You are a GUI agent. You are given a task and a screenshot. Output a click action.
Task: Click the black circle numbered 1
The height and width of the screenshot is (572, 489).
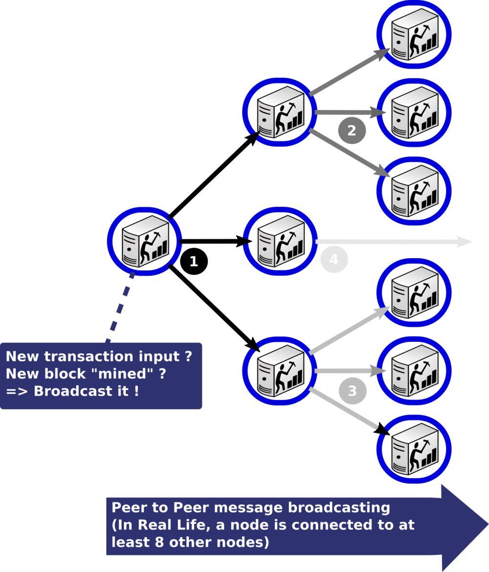pos(194,261)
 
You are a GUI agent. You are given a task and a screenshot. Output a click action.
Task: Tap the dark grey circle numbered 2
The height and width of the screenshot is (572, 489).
pos(352,131)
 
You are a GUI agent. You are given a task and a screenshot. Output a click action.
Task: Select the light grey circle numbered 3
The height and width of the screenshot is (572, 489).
pos(352,391)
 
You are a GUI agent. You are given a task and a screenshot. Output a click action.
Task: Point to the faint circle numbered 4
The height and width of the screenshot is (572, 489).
pos(334,259)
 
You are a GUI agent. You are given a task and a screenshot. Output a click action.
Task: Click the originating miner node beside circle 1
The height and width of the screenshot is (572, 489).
pos(145,241)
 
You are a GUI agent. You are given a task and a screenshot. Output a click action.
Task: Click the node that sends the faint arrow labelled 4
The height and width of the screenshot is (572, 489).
pos(280,241)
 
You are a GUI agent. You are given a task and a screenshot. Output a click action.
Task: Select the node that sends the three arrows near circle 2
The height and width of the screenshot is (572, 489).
pos(280,112)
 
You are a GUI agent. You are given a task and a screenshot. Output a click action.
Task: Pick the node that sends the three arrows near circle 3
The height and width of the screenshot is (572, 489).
pos(280,371)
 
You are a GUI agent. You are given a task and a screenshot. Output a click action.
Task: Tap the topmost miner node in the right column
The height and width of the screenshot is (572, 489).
pos(414,34)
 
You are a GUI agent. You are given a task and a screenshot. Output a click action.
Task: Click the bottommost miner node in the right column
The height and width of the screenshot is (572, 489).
pos(414,449)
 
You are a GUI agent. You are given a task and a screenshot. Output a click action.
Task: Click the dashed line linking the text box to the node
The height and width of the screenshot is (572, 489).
pos(120,308)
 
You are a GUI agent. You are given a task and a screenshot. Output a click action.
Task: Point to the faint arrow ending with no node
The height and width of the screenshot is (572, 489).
pos(391,242)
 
